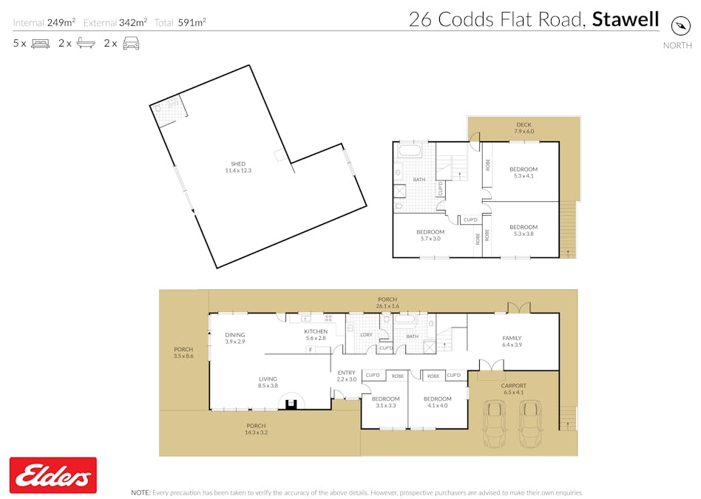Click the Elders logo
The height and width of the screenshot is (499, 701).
coord(53,475)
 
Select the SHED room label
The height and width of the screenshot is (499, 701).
coord(237,167)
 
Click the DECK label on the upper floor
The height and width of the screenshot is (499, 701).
coord(524,128)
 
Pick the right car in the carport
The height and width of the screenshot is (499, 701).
coord(530,425)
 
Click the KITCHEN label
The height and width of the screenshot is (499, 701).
coord(316,334)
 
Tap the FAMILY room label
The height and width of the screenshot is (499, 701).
coord(512,341)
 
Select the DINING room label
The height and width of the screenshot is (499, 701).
coord(234,338)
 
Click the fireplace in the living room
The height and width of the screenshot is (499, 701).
coord(292,403)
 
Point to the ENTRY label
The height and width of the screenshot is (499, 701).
coord(346,376)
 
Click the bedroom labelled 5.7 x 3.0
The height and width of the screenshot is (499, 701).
coord(430,236)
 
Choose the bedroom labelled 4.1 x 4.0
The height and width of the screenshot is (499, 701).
coord(438,402)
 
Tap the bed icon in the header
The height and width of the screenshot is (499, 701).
coord(40,44)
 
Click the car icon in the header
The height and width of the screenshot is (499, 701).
coord(131,44)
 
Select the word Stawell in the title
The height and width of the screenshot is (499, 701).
coord(626,19)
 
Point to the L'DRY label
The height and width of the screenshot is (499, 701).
coord(366,335)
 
